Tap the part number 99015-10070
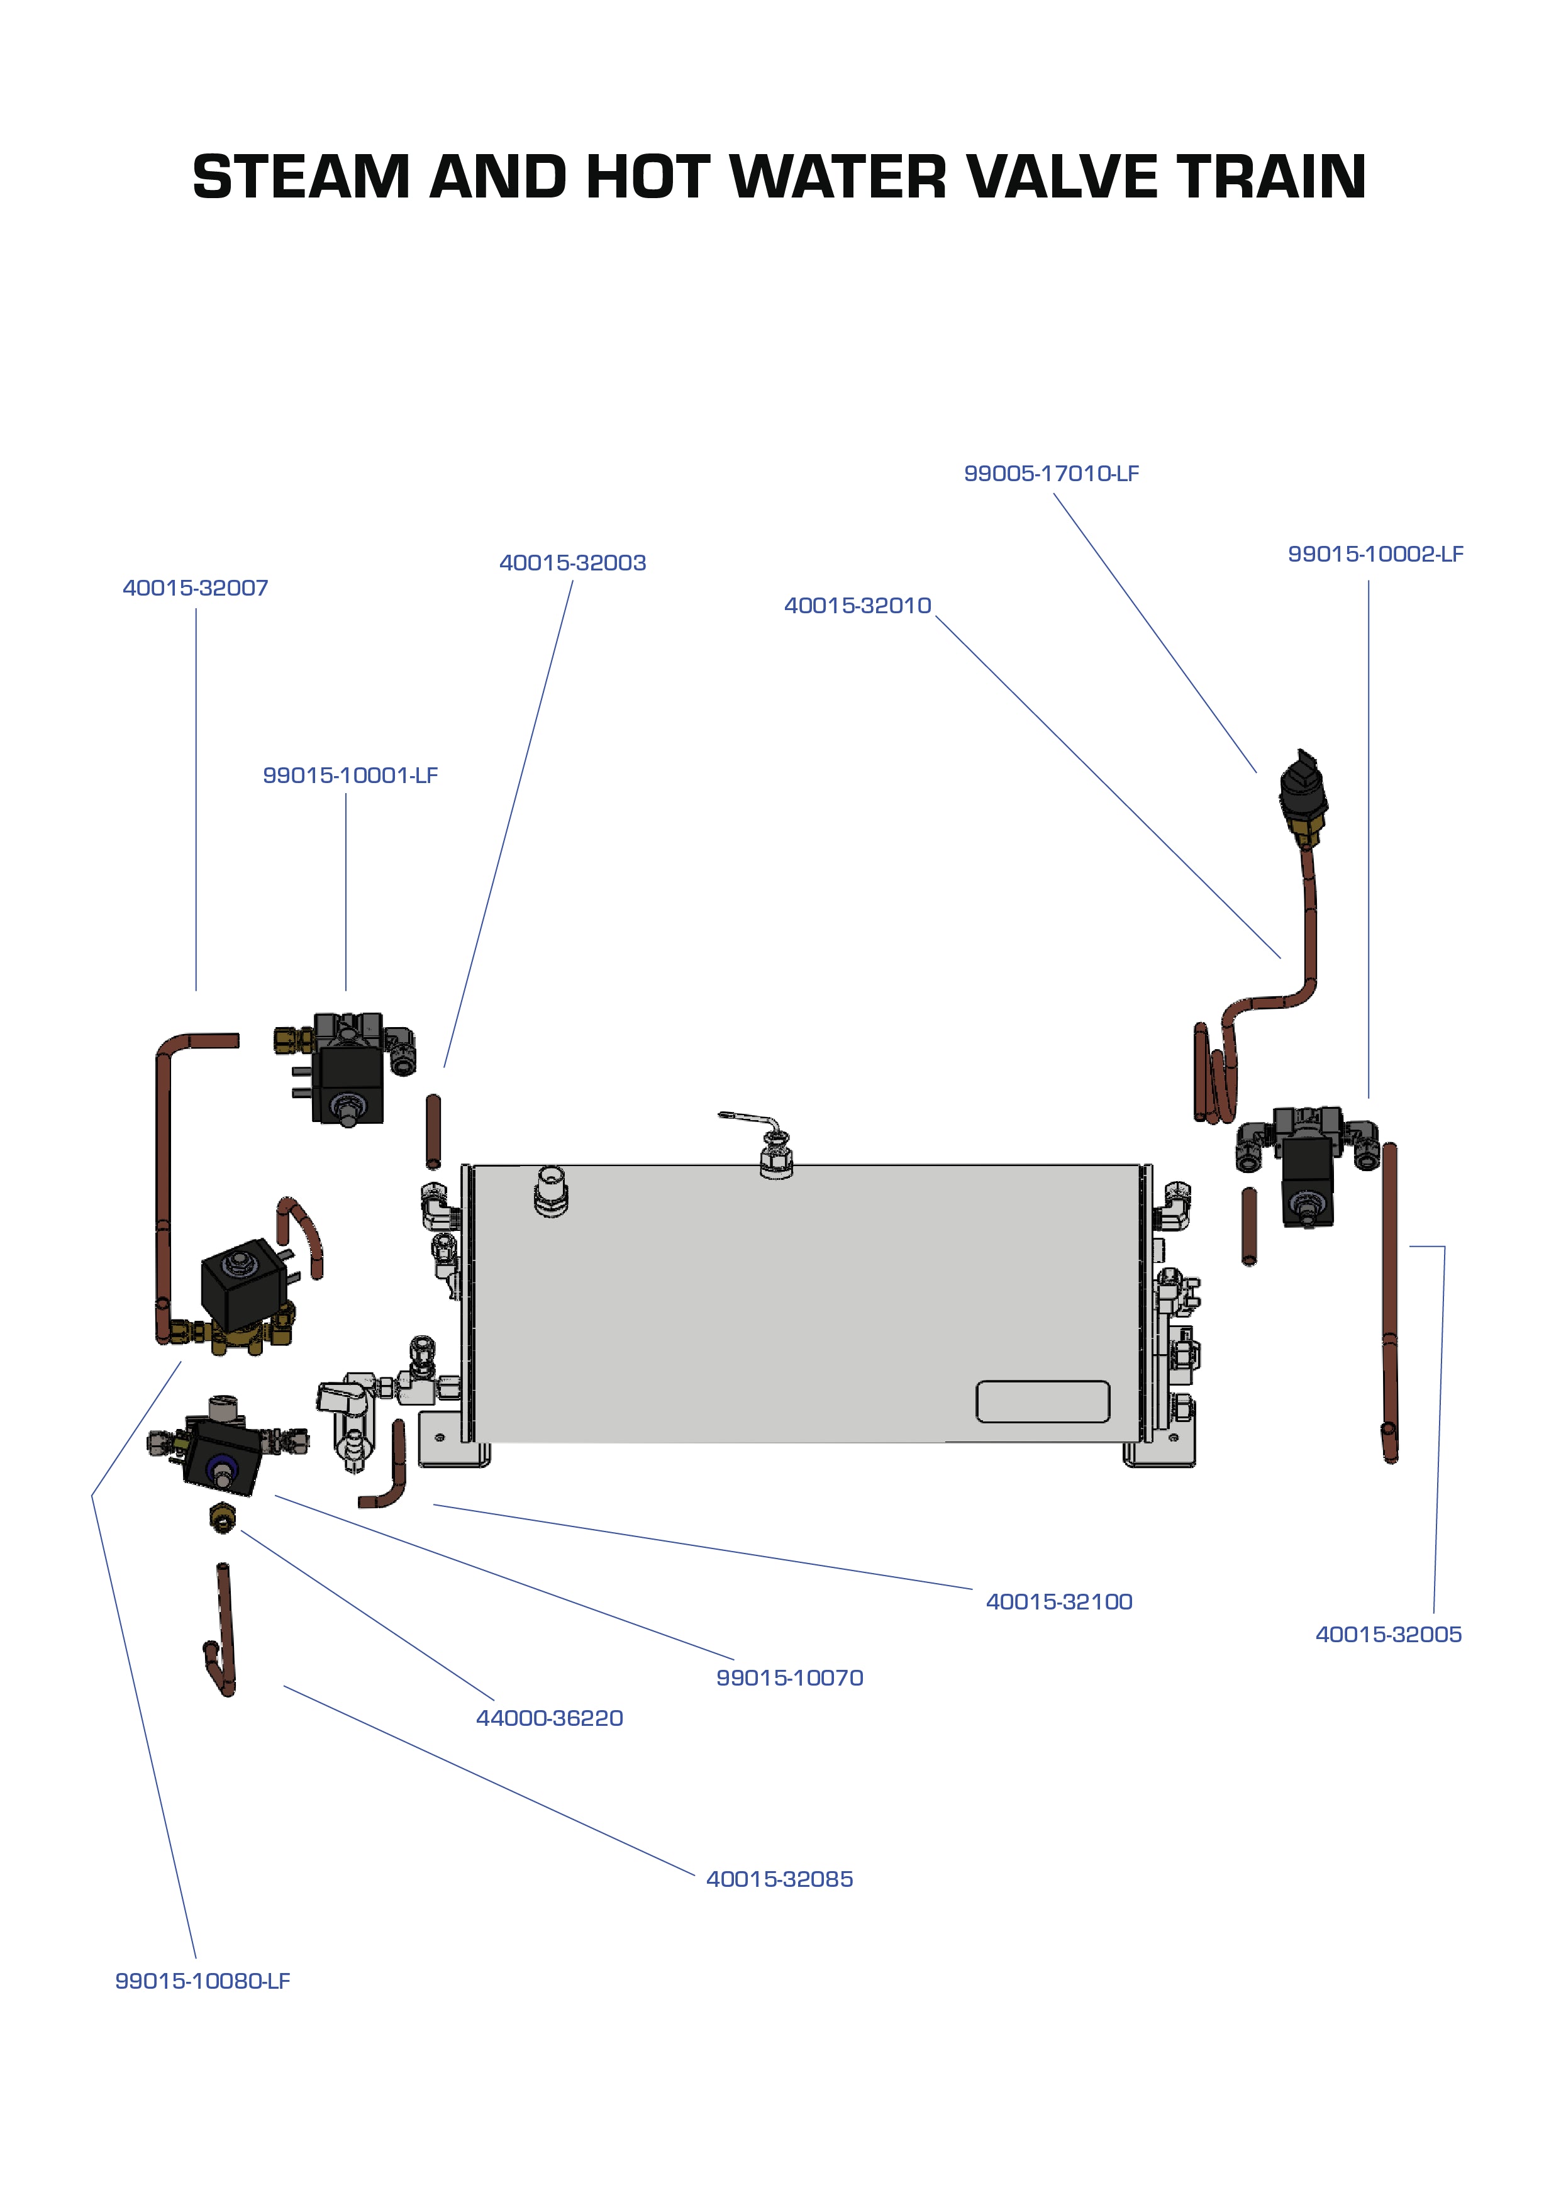pos(789,1677)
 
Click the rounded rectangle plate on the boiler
pos(1042,1401)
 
